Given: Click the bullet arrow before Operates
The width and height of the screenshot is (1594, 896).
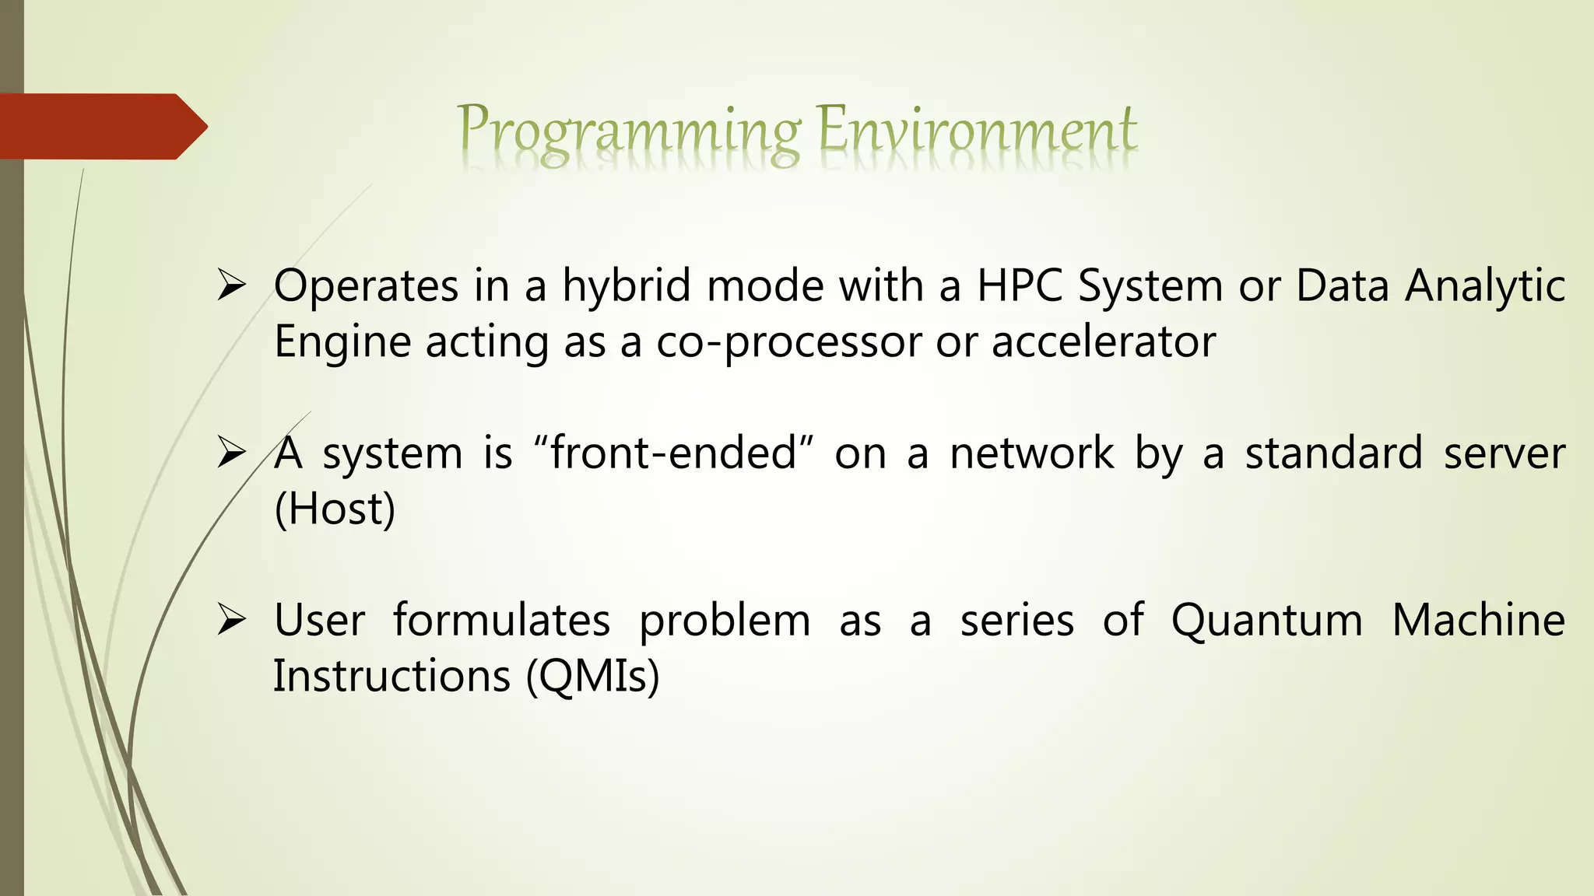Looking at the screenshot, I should [x=231, y=285].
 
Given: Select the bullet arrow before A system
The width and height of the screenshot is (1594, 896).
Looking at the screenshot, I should [x=231, y=453].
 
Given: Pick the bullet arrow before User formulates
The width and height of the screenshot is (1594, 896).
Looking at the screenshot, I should [x=231, y=620].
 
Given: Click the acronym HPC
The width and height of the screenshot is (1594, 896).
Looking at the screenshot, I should [x=1020, y=285].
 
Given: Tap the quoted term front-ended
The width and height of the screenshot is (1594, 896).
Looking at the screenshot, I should [x=674, y=453].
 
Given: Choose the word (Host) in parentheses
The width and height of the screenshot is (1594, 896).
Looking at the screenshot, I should [x=335, y=509].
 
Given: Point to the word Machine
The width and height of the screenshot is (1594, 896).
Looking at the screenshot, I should [x=1478, y=620].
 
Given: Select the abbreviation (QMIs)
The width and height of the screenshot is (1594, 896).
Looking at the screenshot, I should [x=592, y=676].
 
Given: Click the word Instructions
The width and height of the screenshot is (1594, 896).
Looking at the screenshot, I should [x=391, y=675].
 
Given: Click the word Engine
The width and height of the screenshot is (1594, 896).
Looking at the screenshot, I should [x=342, y=343].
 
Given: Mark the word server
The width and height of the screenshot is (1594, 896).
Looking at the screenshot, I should [x=1504, y=453].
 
